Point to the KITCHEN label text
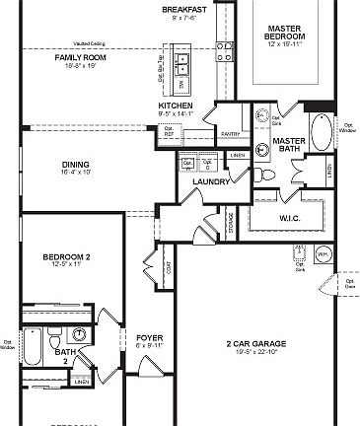pos(175,106)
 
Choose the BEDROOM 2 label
pos(66,257)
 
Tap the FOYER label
pos(149,336)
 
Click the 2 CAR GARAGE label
pos(255,343)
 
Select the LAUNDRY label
pos(212,181)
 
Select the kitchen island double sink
pos(183,64)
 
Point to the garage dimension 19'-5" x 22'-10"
pos(255,352)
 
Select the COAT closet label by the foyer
pos(170,264)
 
